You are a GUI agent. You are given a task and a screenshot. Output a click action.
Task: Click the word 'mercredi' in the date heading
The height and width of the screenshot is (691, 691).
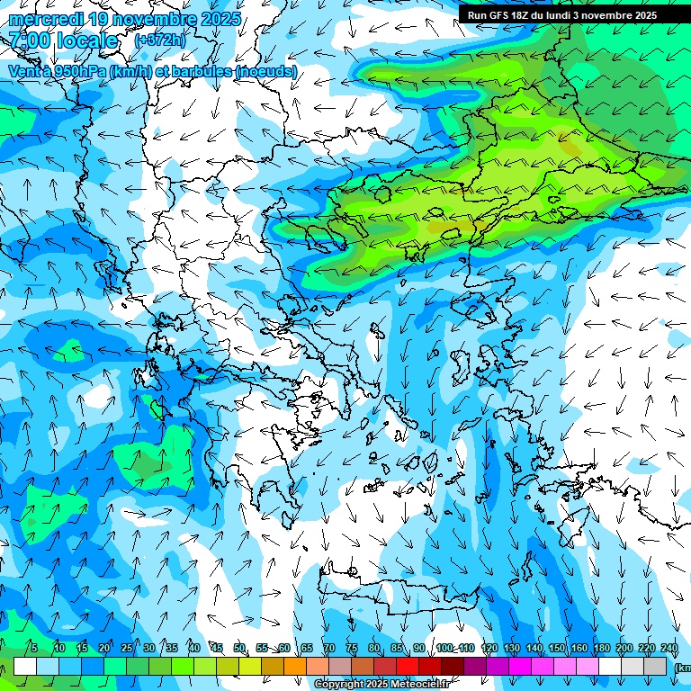click(x=45, y=19)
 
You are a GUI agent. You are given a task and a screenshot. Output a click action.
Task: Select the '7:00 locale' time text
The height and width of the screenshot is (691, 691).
click(x=63, y=40)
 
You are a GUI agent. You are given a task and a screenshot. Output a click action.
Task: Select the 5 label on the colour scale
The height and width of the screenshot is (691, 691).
click(x=33, y=648)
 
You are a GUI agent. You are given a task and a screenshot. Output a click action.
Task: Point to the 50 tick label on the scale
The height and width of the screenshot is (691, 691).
click(x=239, y=648)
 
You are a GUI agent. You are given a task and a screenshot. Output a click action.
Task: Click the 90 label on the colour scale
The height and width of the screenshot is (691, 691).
click(x=419, y=648)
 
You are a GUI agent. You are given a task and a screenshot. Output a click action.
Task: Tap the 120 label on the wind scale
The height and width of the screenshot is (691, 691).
click(x=489, y=648)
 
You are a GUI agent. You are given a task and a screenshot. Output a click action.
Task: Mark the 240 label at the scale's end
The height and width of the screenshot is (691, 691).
click(x=669, y=648)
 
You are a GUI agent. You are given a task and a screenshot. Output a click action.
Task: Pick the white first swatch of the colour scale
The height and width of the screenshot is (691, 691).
click(x=25, y=666)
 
